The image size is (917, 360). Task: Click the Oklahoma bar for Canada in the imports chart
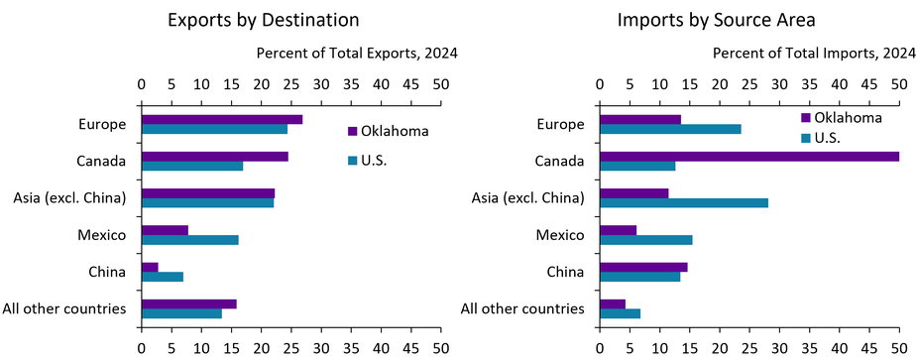[x=748, y=156]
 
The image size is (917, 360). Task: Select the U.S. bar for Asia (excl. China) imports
[x=683, y=203]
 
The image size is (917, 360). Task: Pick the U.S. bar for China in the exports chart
[x=163, y=277]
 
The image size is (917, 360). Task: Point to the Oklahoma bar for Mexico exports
[x=165, y=230]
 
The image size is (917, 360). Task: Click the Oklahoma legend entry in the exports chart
[x=388, y=131]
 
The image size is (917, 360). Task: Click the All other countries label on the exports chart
[x=71, y=308]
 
